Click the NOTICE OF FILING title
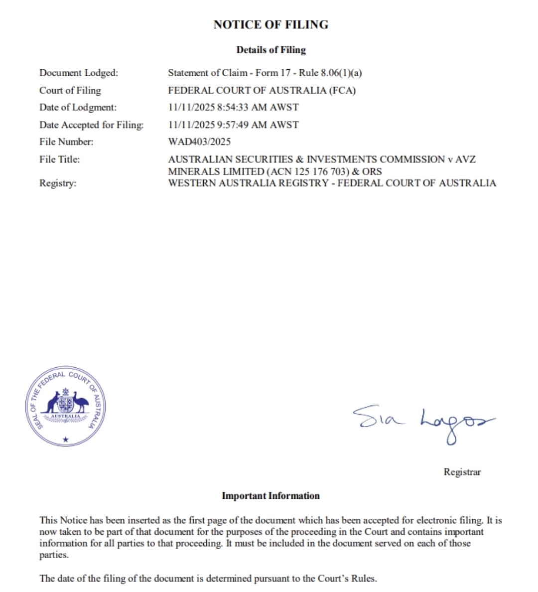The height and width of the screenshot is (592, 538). (270, 24)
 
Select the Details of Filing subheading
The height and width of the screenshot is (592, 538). (270, 50)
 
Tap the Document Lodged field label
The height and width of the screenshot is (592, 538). (79, 73)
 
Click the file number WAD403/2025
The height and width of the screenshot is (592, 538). (199, 142)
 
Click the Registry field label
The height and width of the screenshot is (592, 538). (58, 183)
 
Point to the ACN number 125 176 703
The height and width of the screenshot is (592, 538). (313, 171)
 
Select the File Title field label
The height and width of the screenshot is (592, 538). (59, 159)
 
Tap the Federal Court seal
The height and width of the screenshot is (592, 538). (66, 408)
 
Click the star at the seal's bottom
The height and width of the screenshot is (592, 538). (66, 440)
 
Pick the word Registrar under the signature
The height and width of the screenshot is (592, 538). (462, 472)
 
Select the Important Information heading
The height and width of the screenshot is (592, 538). (270, 496)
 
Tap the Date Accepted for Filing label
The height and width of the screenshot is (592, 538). (91, 125)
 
